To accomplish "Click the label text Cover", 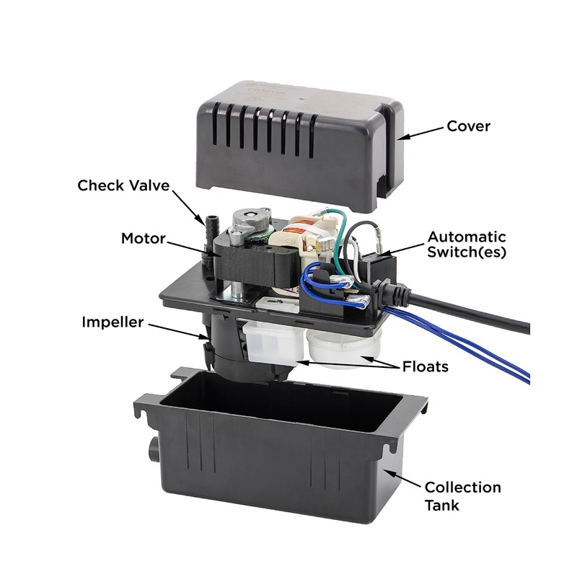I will point(468,127).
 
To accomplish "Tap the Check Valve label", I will point(123,185).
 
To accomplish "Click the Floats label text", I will point(426,366).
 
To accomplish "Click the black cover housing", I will point(288,137).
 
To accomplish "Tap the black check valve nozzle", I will point(213,231).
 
